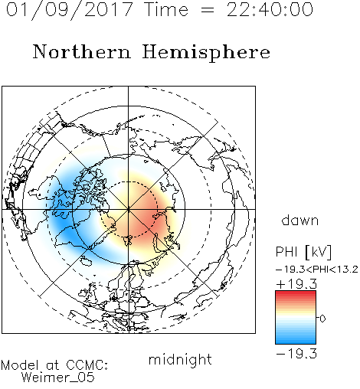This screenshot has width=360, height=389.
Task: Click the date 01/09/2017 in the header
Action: click(x=70, y=10)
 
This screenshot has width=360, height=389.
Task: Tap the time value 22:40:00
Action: click(x=270, y=10)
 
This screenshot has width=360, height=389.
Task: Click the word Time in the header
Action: click(x=166, y=10)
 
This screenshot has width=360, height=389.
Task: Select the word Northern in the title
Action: click(x=81, y=51)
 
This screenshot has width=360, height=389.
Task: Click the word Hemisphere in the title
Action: click(x=206, y=52)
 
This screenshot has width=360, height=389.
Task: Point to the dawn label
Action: click(x=299, y=220)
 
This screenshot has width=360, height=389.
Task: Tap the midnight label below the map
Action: click(x=180, y=359)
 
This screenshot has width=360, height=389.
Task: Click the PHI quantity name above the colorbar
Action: click(x=286, y=252)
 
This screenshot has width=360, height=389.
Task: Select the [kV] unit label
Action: click(x=318, y=252)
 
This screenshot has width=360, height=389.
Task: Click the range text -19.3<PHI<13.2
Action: click(x=317, y=270)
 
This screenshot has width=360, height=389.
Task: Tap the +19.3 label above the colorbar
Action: click(x=296, y=284)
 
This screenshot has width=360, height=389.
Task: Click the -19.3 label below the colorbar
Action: click(x=296, y=354)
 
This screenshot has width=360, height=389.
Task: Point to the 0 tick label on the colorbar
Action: click(x=322, y=319)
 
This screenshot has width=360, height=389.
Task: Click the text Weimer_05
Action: click(x=57, y=378)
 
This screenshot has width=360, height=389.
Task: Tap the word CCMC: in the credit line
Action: click(x=87, y=365)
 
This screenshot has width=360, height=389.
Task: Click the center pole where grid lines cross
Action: click(x=128, y=209)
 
